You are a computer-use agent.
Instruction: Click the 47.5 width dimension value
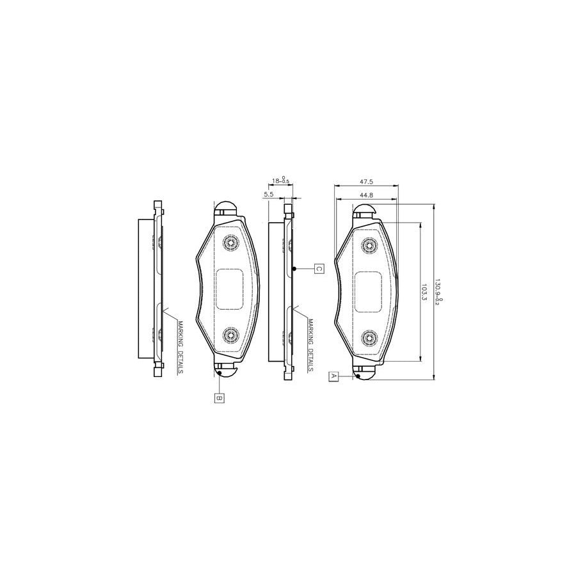365,181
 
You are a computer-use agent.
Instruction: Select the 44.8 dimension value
365,195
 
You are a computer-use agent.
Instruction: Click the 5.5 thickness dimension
269,194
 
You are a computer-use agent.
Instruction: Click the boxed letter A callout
333,376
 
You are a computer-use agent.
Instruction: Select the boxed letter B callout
219,398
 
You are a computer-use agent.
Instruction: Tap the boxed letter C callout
318,269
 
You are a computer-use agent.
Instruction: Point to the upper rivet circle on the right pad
369,245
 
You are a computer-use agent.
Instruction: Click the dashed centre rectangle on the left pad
230,288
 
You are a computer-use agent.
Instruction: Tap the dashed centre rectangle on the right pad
368,291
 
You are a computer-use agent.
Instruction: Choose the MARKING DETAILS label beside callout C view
310,346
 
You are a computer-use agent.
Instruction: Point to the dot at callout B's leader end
219,373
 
